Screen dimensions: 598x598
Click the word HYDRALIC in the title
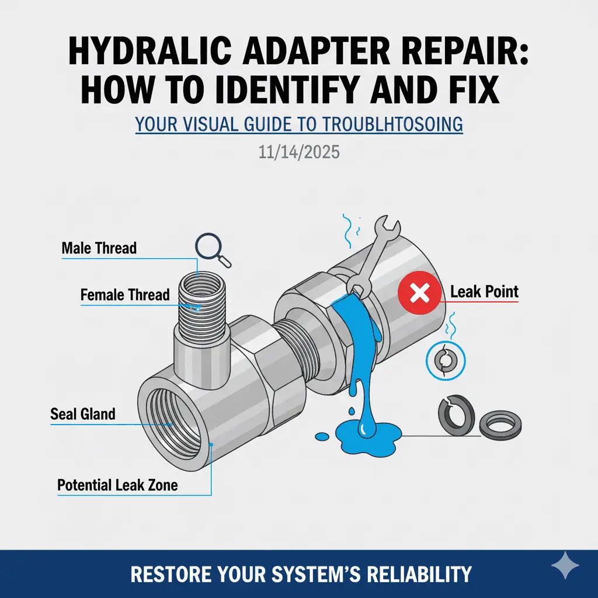pos(151,51)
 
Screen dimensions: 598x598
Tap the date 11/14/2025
pos(299,152)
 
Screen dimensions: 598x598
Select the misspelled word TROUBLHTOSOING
pos(392,125)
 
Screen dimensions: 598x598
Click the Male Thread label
pos(99,248)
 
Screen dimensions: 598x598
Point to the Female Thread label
pos(125,295)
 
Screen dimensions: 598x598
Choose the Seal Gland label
pos(83,414)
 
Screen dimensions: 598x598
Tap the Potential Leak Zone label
pos(117,485)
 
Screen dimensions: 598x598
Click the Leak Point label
pos(484,292)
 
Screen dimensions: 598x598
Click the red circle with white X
pos(419,293)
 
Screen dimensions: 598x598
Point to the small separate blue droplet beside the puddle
pos(322,436)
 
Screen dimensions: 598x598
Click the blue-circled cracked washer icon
pos(446,360)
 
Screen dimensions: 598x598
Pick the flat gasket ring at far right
pos(500,425)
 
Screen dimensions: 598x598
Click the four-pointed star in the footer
pos(565,565)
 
